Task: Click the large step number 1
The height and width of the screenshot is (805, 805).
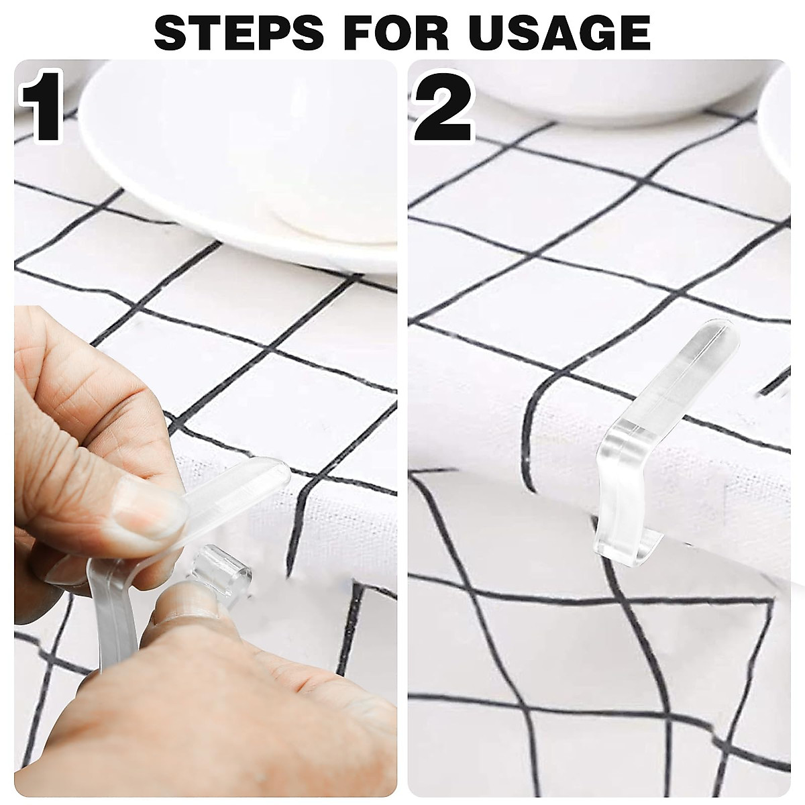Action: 42,109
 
